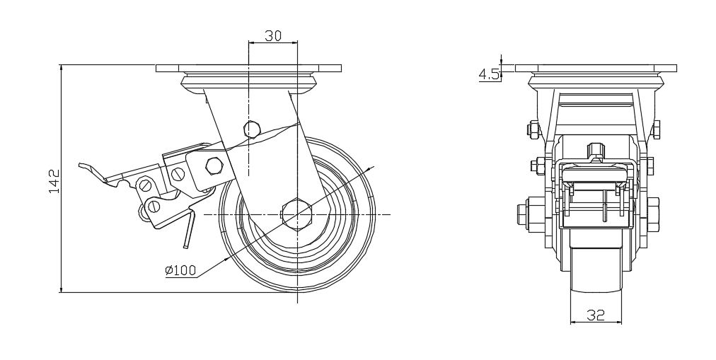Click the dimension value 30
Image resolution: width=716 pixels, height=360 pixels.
coord(273,35)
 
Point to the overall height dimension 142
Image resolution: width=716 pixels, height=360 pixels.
coord(54,181)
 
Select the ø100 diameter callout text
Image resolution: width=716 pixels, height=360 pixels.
coord(180,270)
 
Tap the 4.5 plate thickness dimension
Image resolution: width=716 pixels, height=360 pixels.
coord(489,75)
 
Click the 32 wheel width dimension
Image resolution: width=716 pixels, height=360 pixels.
coord(596,314)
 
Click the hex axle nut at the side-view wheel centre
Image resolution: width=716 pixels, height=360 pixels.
coord(297,214)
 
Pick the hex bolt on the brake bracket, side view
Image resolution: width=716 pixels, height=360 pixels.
coord(214,166)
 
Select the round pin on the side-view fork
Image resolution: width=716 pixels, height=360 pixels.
coord(252,129)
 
